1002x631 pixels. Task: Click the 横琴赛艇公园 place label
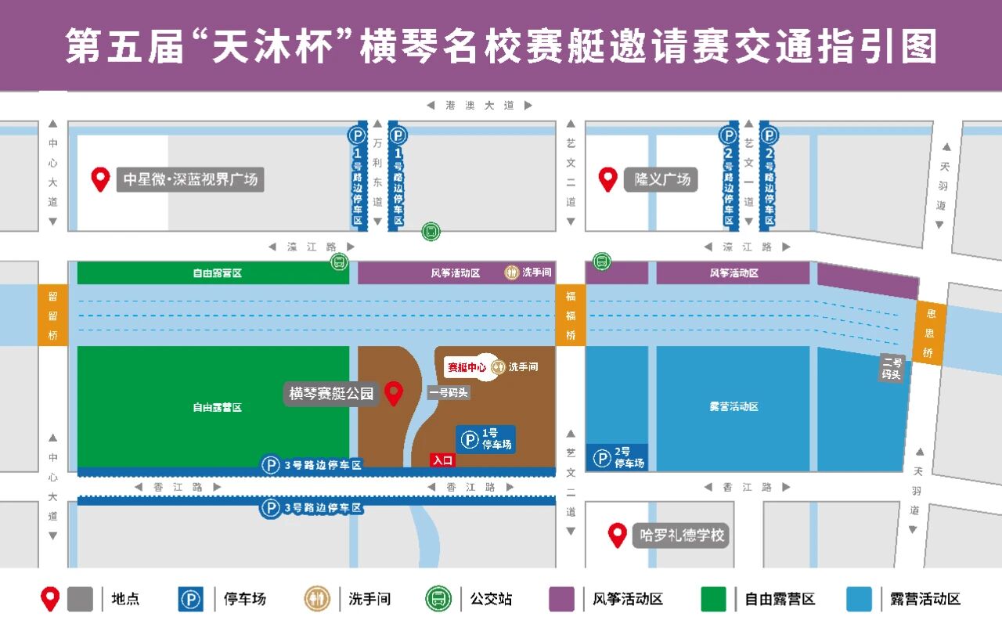coord(331,394)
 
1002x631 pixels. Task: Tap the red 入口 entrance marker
coord(442,460)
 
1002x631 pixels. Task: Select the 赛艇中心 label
coord(467,367)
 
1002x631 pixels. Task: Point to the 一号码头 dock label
coord(449,393)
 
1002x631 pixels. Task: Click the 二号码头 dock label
coord(892,368)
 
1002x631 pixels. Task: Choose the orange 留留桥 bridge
coord(52,315)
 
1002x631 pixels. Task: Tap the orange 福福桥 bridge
coord(571,315)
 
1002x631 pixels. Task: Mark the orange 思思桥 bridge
coord(929,333)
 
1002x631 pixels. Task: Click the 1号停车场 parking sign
coord(486,439)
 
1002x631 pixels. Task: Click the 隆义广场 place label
coord(661,179)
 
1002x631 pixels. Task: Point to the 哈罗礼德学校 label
coord(681,535)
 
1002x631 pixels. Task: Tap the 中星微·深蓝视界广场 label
coord(190,179)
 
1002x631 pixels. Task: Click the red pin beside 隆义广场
coord(608,179)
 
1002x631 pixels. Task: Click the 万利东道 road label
coord(377,172)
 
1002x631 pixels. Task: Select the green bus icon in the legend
coord(438,599)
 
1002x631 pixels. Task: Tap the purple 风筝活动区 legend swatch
coord(561,599)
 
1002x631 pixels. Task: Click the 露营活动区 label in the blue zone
coord(733,407)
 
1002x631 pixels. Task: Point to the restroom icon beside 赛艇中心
coord(498,367)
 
